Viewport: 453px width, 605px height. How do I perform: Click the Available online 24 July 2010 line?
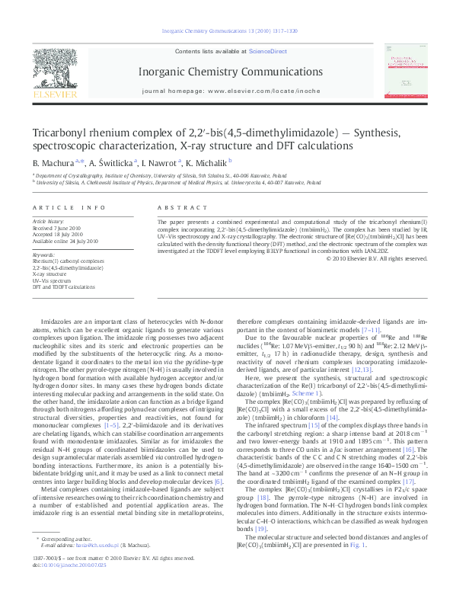(x=65, y=240)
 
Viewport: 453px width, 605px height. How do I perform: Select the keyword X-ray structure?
(x=49, y=271)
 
